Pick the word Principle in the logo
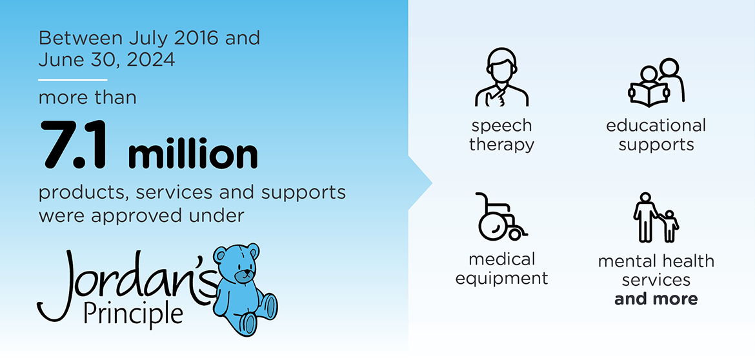133,314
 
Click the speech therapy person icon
502,77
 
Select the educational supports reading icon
656,83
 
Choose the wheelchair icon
500,217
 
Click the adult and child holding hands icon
656,217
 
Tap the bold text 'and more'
656,299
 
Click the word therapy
502,145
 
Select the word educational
656,126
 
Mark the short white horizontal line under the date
73,79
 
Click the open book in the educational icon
649,95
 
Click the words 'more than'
87,97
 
